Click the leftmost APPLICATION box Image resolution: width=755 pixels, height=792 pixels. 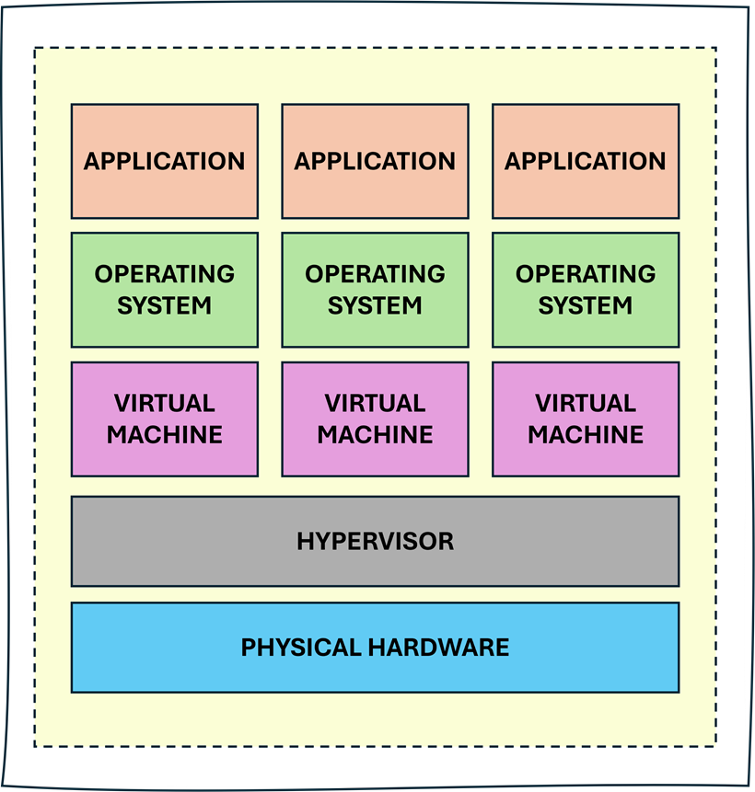click(164, 161)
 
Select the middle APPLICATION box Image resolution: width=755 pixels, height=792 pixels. click(375, 161)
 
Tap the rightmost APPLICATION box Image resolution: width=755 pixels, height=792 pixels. click(586, 161)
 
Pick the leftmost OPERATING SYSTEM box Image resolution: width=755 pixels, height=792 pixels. click(164, 290)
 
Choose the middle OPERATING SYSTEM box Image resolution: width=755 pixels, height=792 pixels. click(375, 290)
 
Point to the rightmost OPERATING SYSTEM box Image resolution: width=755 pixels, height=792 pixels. click(586, 290)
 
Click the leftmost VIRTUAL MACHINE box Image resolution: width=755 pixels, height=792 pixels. click(164, 419)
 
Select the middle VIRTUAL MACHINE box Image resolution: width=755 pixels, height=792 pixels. click(375, 419)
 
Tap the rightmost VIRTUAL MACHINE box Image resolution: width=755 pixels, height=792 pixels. click(586, 419)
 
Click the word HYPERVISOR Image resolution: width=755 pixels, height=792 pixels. click(375, 541)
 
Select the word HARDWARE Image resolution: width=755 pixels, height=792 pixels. click(438, 648)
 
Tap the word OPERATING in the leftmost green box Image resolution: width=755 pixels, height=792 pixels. click(165, 274)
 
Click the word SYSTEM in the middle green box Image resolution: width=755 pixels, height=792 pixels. click(375, 305)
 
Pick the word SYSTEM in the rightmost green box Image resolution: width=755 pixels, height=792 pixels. click(586, 305)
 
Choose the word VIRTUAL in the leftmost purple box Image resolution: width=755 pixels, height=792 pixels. click(165, 403)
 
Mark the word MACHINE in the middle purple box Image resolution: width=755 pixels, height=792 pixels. click(375, 434)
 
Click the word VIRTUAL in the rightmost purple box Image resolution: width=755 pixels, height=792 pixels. click(586, 403)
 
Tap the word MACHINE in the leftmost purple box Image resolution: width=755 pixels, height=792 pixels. click(165, 434)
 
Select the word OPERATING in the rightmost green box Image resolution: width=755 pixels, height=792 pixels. click(586, 274)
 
